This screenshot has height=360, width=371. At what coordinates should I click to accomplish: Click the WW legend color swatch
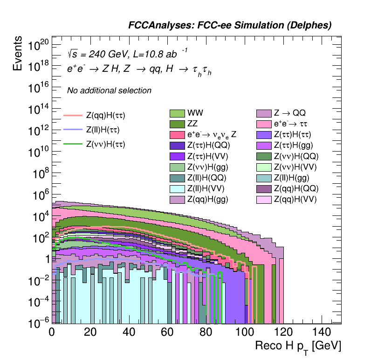pos(177,113)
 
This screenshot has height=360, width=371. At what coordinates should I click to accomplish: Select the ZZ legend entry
pos(177,124)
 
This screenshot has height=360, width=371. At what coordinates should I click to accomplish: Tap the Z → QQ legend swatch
pos(264,113)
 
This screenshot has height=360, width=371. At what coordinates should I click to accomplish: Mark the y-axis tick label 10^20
pos(38,45)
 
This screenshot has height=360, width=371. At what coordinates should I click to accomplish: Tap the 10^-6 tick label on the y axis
pos(38,322)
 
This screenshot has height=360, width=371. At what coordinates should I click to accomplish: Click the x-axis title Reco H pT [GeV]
pos(298,346)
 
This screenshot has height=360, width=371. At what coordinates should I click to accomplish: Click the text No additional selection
pos(109,90)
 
